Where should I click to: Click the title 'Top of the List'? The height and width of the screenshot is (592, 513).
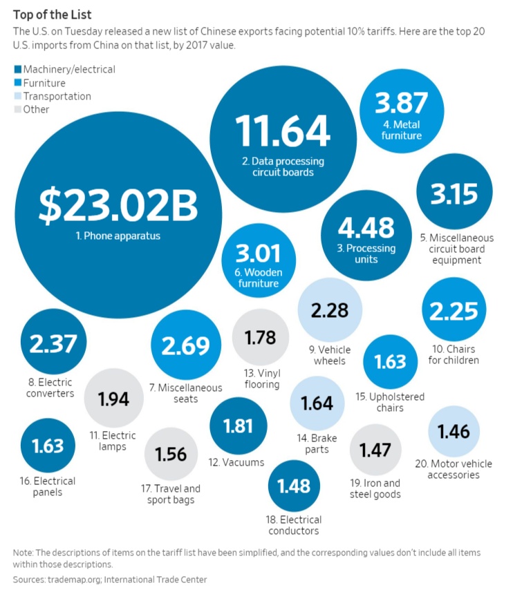[52, 13]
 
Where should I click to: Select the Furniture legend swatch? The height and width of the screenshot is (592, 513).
[17, 83]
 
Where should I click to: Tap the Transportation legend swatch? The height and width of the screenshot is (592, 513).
[17, 96]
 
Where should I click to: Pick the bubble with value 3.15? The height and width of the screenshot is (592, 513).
[454, 194]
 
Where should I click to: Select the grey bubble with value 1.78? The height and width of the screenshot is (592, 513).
[260, 337]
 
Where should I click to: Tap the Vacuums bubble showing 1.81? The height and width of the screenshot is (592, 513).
[238, 425]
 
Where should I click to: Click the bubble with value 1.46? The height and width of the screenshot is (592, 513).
[454, 432]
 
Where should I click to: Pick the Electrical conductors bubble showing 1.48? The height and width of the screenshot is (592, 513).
[294, 486]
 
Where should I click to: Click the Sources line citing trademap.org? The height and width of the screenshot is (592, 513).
[110, 580]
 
